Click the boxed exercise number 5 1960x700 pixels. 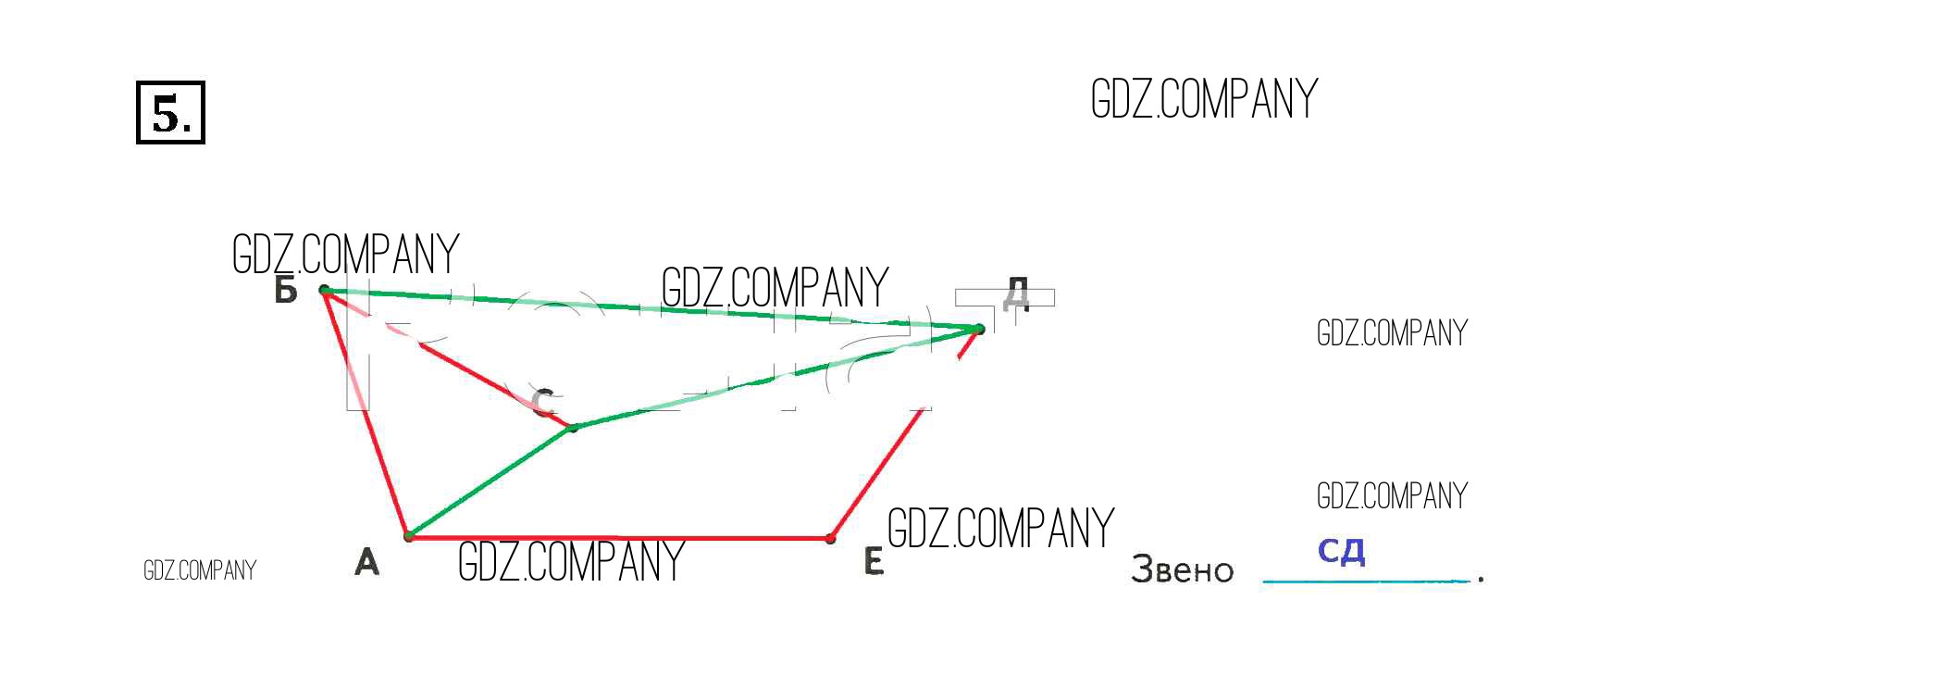click(x=170, y=113)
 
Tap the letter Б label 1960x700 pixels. click(x=286, y=291)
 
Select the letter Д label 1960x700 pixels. click(x=1015, y=294)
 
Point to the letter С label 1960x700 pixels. click(x=543, y=403)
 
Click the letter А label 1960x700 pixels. click(x=366, y=562)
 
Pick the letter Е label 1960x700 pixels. click(x=874, y=562)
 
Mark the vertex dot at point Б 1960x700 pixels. click(x=325, y=291)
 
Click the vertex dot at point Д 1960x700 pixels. click(x=979, y=329)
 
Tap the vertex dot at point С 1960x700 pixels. click(x=573, y=427)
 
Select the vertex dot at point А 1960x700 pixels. click(x=408, y=536)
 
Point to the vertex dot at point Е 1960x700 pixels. click(x=831, y=538)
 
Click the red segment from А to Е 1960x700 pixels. click(x=620, y=537)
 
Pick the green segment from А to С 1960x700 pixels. click(x=490, y=481)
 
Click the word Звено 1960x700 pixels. click(x=1182, y=569)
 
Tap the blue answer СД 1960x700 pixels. click(x=1341, y=552)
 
